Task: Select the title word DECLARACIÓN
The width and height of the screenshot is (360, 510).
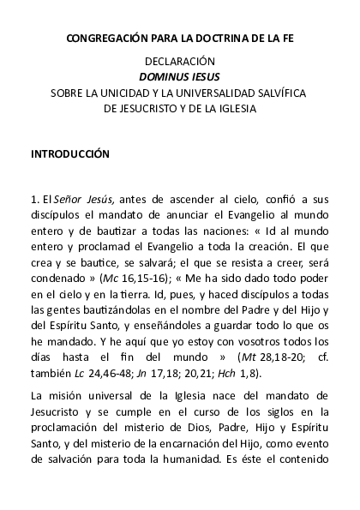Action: [180, 62]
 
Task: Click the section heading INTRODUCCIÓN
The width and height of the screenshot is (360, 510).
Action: [70, 154]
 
